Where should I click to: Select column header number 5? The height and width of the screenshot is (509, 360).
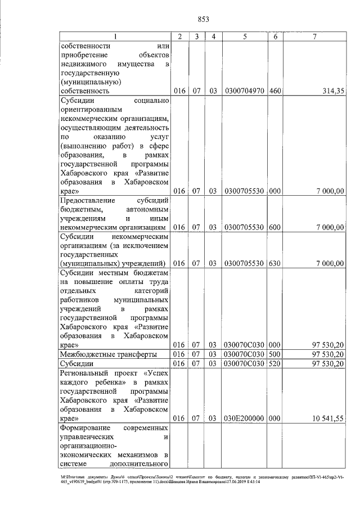(x=245, y=37)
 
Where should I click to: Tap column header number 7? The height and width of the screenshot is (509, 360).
(x=314, y=37)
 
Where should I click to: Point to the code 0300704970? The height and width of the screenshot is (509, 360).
(x=245, y=91)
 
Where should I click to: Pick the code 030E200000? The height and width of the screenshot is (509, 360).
(x=245, y=418)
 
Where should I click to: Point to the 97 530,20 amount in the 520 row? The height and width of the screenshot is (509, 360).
(x=328, y=363)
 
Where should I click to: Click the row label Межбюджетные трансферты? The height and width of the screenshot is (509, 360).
(x=107, y=354)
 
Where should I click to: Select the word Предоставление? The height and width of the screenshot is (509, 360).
(x=87, y=200)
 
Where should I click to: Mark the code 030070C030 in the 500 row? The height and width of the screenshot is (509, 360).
(x=245, y=354)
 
